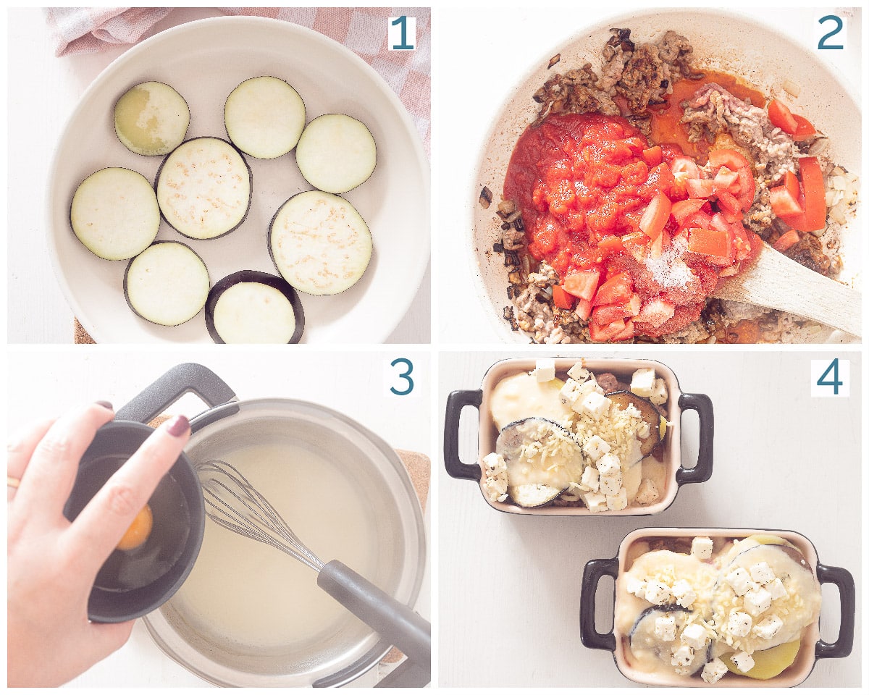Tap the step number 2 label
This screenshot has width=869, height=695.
(x=831, y=33)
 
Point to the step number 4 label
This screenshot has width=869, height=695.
(x=830, y=377)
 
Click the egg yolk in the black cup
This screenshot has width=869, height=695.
(x=136, y=528)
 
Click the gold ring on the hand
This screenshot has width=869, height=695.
(x=13, y=481)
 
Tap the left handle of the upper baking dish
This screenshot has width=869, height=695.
(x=459, y=434)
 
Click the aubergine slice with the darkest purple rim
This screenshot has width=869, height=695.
(x=254, y=307)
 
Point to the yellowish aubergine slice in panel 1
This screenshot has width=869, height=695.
(x=151, y=118)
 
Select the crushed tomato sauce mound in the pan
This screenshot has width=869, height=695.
(x=572, y=188)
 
